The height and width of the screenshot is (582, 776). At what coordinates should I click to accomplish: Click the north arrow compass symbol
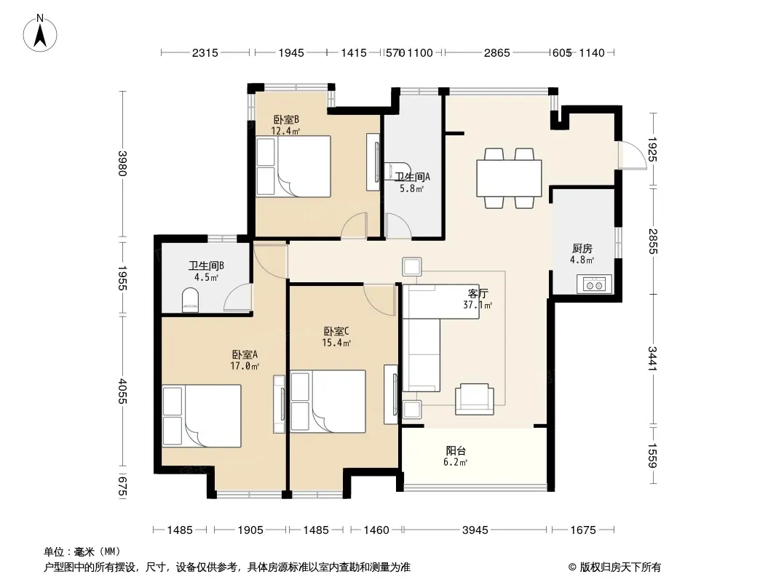pos(40,33)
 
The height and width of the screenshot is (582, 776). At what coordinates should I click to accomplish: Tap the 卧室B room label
pos(286,119)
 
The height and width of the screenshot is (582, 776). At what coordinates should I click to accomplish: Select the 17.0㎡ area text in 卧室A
pos(245,366)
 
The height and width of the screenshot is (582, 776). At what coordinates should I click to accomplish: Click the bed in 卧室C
pos(328,402)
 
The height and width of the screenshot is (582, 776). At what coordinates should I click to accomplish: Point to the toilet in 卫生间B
pos(190,300)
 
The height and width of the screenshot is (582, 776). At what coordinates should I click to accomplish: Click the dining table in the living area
pos(509,178)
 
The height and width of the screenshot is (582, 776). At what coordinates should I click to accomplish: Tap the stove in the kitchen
pos(594,284)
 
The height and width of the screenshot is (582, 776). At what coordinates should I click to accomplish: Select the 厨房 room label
pos(582,248)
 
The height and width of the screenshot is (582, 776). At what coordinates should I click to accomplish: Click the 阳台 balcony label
pos(456,450)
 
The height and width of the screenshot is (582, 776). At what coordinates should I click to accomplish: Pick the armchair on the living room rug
pos(474,399)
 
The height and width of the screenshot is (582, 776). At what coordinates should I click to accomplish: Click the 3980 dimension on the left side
pos(123,163)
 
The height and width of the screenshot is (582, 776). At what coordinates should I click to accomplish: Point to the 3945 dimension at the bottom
pos(475,530)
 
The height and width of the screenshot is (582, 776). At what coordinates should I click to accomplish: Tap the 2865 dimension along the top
pos(497,53)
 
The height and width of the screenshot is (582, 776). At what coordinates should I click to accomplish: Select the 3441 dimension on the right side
pos(653,359)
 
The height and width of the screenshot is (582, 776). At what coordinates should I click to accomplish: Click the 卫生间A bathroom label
pos(412,177)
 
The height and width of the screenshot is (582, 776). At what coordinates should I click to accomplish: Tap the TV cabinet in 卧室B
pos(373,162)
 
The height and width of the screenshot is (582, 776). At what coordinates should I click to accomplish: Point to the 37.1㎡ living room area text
pos(478,305)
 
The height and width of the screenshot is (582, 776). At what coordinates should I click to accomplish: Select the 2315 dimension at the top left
pos(205,53)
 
